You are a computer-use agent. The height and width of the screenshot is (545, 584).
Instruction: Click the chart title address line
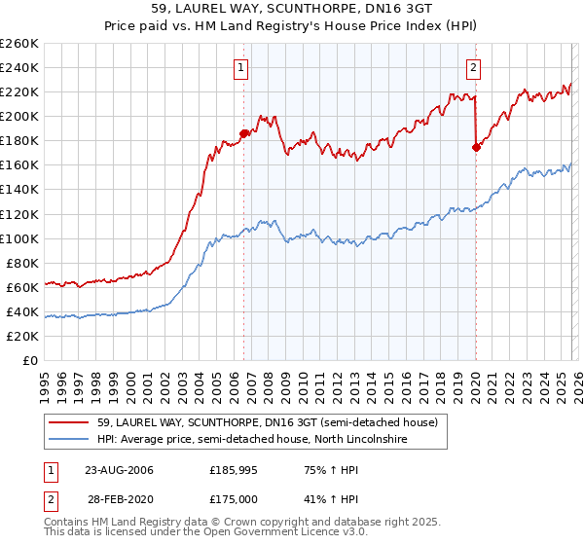(292, 9)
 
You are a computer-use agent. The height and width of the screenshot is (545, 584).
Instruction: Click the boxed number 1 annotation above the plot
(240, 68)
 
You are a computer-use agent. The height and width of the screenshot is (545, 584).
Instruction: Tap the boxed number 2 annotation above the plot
(473, 68)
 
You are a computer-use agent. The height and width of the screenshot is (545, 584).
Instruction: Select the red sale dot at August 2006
(244, 133)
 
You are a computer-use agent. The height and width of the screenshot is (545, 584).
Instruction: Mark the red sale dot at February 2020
(476, 147)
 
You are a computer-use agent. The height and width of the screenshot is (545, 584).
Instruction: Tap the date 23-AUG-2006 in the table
(119, 470)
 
